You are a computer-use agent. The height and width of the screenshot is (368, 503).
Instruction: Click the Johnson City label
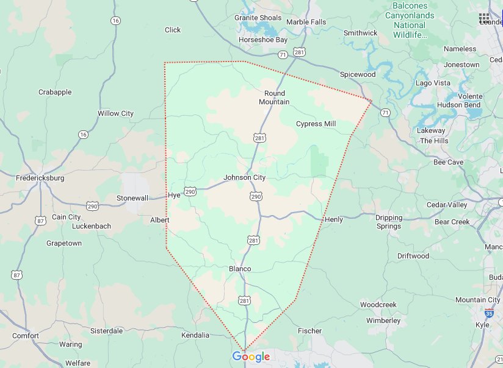(244, 178)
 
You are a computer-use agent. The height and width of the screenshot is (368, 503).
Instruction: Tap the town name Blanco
(240, 269)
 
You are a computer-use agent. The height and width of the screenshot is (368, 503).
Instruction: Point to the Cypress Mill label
(316, 124)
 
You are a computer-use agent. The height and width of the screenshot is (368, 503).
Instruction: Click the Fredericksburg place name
(40, 179)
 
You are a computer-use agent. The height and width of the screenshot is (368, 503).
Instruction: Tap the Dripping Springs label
(388, 222)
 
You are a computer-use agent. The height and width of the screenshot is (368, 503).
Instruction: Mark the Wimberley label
(383, 320)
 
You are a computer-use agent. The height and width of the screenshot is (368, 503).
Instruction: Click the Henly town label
(334, 219)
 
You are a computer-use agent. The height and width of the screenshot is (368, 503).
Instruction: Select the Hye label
(174, 196)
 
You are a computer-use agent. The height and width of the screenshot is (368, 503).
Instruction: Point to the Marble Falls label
(306, 22)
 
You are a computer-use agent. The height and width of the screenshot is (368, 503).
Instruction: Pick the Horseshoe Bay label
(262, 40)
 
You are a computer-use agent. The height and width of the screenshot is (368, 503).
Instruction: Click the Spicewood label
(358, 74)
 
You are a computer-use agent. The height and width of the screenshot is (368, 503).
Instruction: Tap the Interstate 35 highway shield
(490, 313)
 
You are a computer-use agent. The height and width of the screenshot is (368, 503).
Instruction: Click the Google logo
(251, 357)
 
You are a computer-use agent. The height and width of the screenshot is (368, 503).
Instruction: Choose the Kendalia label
(195, 335)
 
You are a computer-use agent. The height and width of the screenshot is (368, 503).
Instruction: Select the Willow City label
(115, 113)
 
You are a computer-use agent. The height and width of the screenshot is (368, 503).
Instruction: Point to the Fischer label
(309, 331)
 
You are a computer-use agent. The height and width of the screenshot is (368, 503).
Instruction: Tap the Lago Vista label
(433, 83)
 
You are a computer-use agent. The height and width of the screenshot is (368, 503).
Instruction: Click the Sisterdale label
(106, 331)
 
